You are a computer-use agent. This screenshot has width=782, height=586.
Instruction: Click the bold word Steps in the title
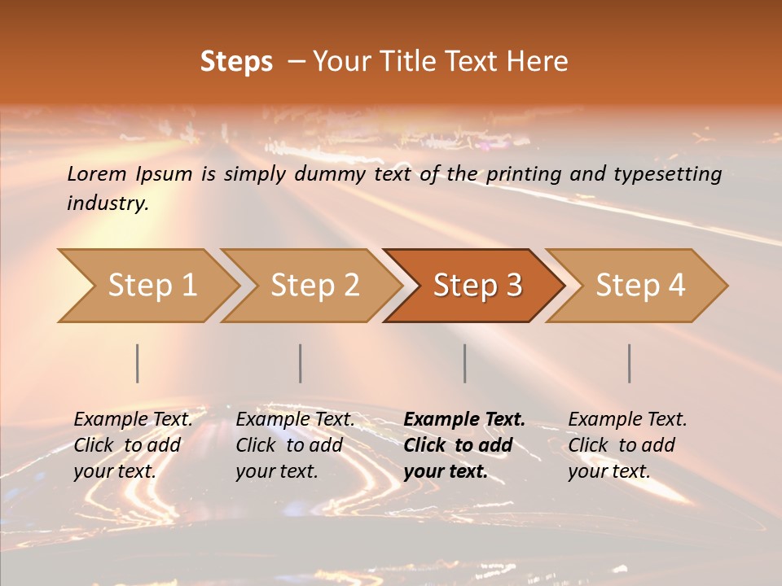click(x=236, y=62)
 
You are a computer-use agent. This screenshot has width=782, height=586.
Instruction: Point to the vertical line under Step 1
click(x=138, y=363)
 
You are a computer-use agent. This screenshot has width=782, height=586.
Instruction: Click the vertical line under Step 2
click(x=301, y=363)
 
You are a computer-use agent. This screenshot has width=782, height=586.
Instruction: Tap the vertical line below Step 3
click(x=465, y=363)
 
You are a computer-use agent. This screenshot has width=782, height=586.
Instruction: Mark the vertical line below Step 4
click(x=630, y=363)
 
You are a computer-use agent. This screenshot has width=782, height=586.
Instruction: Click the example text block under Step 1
click(x=133, y=445)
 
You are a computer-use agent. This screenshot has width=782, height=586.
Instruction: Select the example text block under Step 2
click(x=295, y=445)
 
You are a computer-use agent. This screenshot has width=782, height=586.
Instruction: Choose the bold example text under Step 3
click(x=464, y=445)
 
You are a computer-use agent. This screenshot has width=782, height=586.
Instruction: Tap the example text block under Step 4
click(x=627, y=445)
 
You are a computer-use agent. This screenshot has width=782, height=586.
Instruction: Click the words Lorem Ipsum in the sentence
click(x=130, y=174)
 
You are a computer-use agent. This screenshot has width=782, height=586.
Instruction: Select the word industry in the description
click(x=108, y=203)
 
